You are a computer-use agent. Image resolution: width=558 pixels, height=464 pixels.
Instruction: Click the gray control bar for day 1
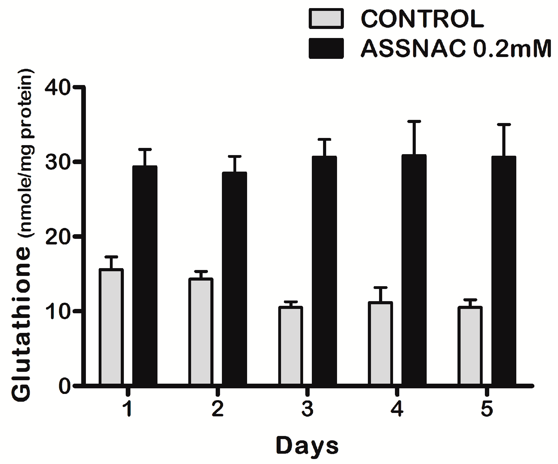tap(111, 327)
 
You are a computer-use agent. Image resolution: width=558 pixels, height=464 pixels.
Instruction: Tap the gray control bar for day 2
tap(201, 332)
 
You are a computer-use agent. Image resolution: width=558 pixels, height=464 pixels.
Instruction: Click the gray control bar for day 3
tap(290, 346)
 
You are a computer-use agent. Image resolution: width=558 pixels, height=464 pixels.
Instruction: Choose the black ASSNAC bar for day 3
tap(324, 271)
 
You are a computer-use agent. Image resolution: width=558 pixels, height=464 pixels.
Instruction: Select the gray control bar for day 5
tap(470, 346)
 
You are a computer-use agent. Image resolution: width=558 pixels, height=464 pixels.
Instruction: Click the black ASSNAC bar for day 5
tap(504, 271)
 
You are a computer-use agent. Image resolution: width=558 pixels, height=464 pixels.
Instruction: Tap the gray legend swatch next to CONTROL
tap(326, 19)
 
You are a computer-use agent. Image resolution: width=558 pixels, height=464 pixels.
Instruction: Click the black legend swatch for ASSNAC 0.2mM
tap(326, 48)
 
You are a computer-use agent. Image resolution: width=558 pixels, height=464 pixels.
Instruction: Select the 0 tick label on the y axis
tap(63, 386)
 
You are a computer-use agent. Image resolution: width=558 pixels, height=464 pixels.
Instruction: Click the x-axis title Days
tap(307, 446)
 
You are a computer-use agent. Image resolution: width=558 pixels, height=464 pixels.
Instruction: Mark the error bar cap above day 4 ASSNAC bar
tap(414, 121)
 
